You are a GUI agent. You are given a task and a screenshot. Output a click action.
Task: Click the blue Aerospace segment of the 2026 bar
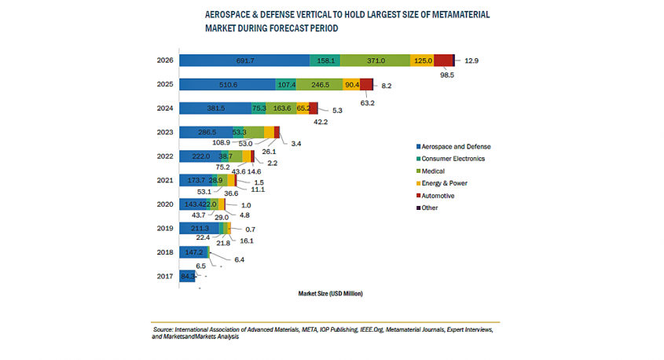pos(244,61)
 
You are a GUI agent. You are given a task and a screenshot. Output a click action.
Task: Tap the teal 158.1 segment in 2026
pos(325,61)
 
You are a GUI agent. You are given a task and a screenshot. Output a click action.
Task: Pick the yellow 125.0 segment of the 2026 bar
pos(423,61)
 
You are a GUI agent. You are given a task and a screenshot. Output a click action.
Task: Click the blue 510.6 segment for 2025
pos(228,84)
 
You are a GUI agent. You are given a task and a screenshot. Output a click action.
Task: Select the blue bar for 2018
pos(193,252)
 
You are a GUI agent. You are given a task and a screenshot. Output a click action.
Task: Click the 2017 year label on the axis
pos(165,276)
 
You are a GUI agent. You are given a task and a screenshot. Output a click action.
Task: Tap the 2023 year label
pos(165,132)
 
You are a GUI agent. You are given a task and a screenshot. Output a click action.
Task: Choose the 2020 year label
pos(165,204)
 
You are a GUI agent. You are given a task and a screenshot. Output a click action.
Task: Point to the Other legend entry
pos(431,208)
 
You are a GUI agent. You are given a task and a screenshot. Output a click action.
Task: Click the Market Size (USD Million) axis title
pos(331,293)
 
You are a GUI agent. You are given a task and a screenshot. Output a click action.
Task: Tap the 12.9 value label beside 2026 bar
pos(471,61)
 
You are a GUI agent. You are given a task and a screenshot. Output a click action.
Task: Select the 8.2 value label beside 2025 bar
pos(386,84)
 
